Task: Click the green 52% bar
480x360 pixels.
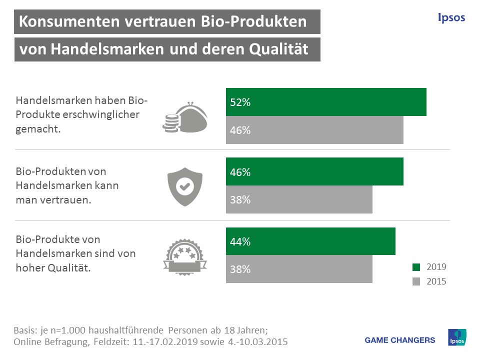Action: coord(326,102)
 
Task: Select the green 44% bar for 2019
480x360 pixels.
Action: coord(310,241)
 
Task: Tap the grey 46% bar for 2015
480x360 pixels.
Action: coord(314,130)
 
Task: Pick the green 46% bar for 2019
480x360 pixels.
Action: coord(314,172)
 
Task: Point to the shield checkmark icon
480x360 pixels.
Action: coord(184,186)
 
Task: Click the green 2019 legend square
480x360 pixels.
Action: coord(416,267)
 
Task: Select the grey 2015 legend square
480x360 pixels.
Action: coord(416,281)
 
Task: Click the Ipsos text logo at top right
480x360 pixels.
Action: coord(451,18)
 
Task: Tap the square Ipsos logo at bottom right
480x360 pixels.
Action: coord(457,339)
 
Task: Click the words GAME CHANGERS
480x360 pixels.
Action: coord(400,340)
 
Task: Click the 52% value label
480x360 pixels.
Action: coord(240,102)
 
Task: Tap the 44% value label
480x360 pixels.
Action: coord(240,242)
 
